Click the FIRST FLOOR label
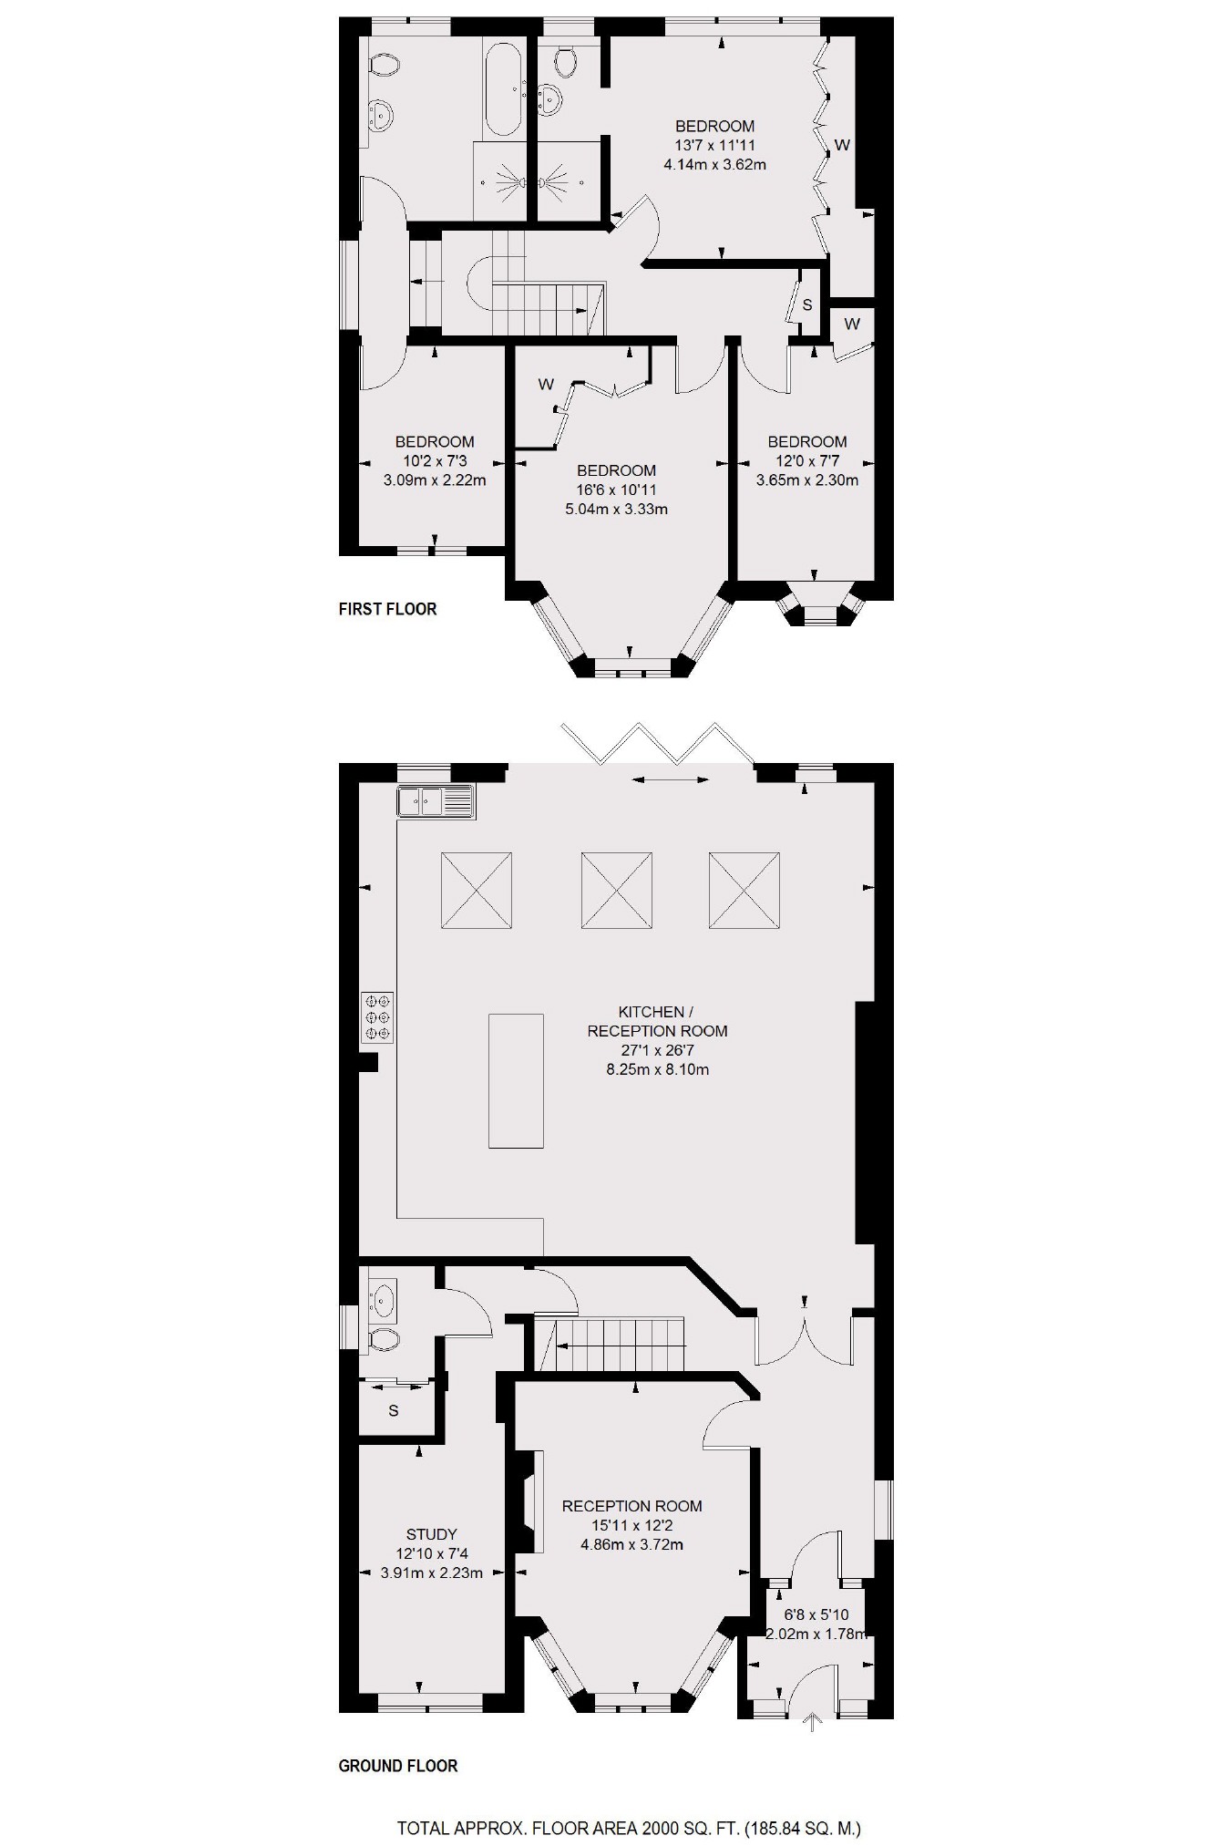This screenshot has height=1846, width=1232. pyautogui.click(x=387, y=609)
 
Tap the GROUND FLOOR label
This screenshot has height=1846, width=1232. pyautogui.click(x=397, y=1766)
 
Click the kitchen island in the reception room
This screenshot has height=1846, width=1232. pyautogui.click(x=516, y=1081)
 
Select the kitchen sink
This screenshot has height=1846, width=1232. pyautogui.click(x=436, y=801)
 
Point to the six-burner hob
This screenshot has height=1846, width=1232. pyautogui.click(x=377, y=1016)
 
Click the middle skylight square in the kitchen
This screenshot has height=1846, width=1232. pyautogui.click(x=616, y=891)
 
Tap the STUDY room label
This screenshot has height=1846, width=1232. pyautogui.click(x=431, y=1534)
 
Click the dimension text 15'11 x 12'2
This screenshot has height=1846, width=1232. pyautogui.click(x=631, y=1525)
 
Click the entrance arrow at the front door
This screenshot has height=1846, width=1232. pyautogui.click(x=812, y=1722)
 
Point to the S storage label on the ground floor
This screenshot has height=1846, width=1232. pyautogui.click(x=394, y=1411)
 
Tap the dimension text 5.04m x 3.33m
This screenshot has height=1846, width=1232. pyautogui.click(x=616, y=509)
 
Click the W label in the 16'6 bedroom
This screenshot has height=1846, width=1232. pyautogui.click(x=545, y=385)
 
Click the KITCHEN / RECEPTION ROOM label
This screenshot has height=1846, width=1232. pyautogui.click(x=657, y=1021)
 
